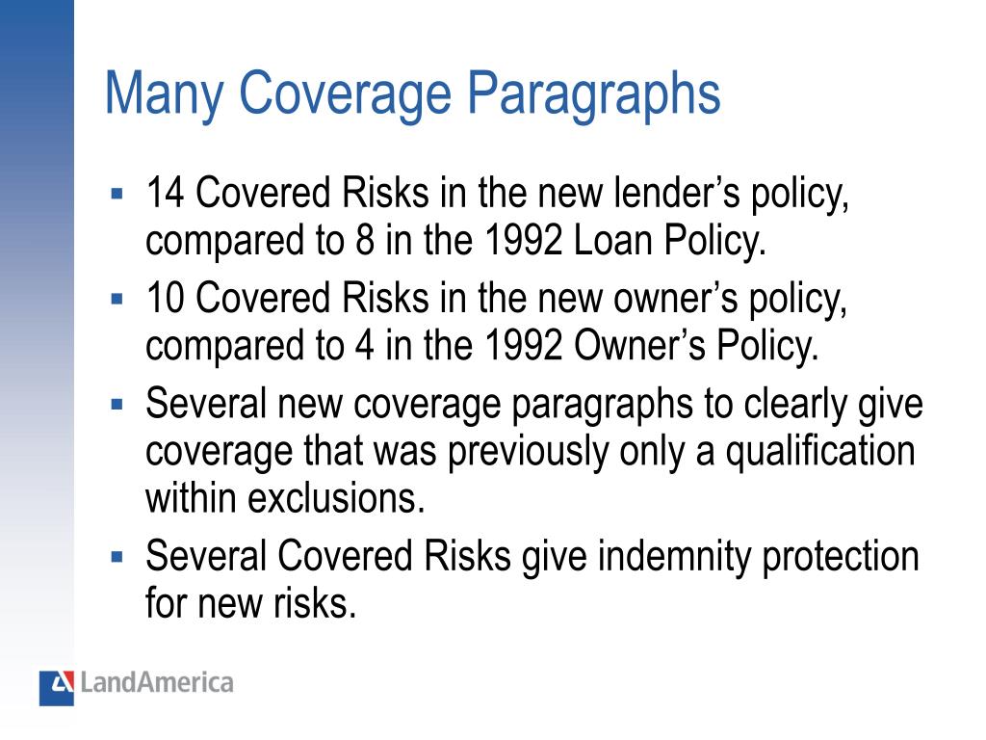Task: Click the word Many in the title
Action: click(x=163, y=94)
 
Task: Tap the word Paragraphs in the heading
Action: click(x=595, y=94)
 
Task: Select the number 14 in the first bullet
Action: click(x=165, y=196)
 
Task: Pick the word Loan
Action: click(x=611, y=240)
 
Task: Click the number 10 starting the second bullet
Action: click(x=165, y=300)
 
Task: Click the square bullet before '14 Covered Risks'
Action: click(x=117, y=194)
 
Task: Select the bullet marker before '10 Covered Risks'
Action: click(x=117, y=298)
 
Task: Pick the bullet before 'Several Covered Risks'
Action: click(x=117, y=556)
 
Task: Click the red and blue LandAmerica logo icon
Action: click(x=57, y=687)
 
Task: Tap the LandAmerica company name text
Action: click(x=157, y=684)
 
